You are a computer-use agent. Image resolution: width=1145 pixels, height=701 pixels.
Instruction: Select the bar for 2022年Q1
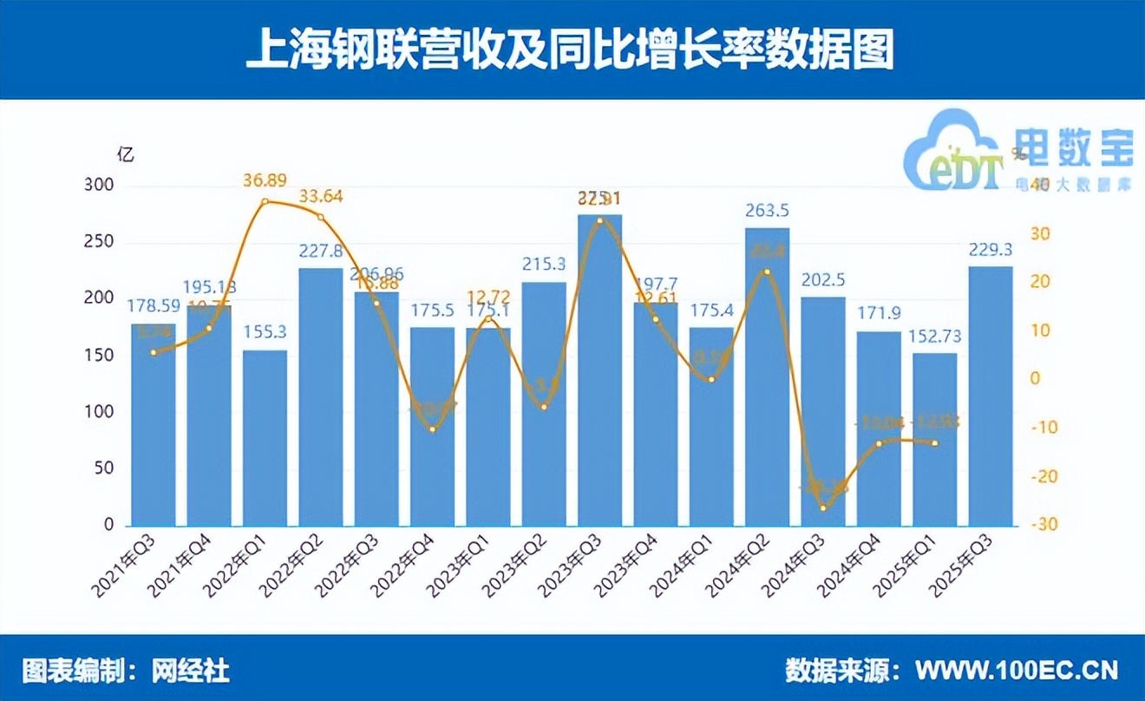click(265, 438)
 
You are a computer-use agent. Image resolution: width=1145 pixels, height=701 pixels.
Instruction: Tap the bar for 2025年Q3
click(991, 396)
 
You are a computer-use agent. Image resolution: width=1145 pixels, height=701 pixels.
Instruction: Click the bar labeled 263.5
click(768, 377)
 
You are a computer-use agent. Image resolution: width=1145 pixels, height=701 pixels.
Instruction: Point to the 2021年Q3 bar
click(154, 424)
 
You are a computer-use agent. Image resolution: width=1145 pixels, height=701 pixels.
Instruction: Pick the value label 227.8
click(321, 251)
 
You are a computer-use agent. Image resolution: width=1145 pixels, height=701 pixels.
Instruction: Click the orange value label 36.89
click(265, 180)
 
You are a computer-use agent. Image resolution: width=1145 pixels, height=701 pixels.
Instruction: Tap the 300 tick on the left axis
click(102, 187)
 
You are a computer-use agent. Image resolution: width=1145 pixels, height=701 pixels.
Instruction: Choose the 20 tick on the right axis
click(1038, 282)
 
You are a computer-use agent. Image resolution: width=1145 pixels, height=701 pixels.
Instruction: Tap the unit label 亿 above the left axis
click(127, 156)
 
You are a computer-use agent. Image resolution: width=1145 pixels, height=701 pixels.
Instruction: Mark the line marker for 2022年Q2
click(321, 217)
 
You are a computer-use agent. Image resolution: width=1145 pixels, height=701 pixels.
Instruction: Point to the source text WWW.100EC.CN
click(1017, 670)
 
